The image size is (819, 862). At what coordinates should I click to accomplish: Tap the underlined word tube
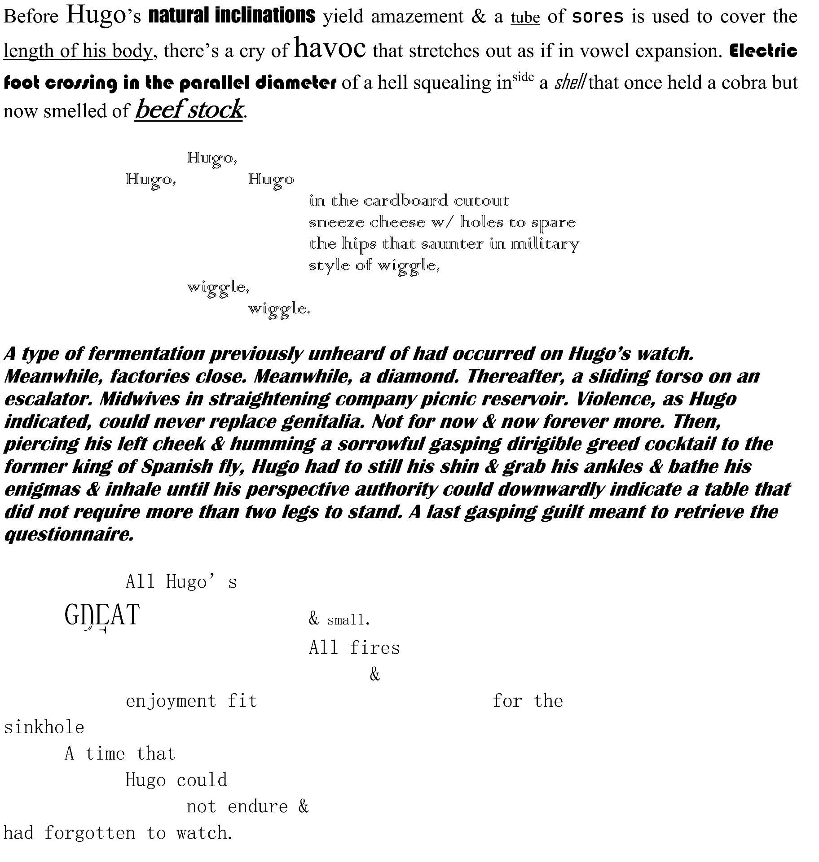(x=525, y=17)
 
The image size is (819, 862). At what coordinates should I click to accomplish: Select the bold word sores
(x=598, y=17)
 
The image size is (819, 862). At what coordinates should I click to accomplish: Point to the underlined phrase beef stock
(x=189, y=109)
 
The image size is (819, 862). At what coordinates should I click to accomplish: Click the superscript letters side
(x=523, y=77)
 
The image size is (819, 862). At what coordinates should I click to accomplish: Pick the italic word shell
(x=569, y=83)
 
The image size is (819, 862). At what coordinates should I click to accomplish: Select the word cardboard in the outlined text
(x=405, y=201)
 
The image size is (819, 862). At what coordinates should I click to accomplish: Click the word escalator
(x=47, y=399)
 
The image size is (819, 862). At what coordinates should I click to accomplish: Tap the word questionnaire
(x=69, y=534)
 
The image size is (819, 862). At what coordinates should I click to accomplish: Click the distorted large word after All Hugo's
(x=102, y=616)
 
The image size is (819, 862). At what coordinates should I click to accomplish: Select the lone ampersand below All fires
(x=374, y=674)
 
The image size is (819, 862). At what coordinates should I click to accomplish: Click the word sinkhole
(x=44, y=727)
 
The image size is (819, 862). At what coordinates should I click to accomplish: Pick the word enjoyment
(x=171, y=701)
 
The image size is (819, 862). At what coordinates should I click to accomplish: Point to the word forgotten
(x=89, y=833)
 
